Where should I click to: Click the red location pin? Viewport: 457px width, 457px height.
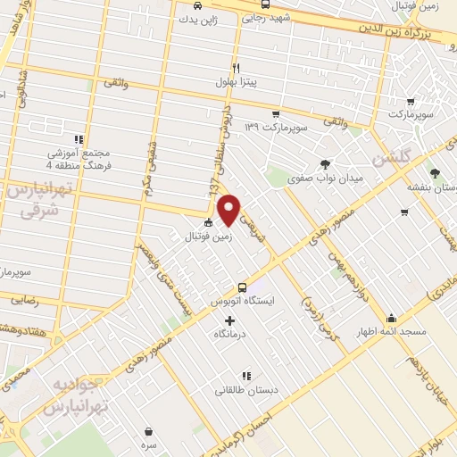coord(229,209)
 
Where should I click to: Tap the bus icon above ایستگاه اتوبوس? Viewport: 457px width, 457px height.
coord(243,287)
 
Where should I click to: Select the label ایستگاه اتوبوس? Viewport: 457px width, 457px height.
coord(243,303)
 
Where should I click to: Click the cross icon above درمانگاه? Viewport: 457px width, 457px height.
coord(230,320)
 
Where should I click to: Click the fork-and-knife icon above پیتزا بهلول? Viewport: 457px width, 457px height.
coord(236,67)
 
